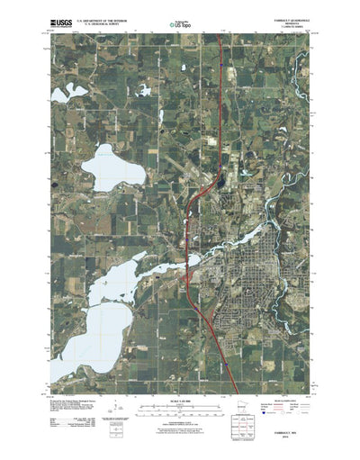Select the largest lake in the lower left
click(x=85, y=324)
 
